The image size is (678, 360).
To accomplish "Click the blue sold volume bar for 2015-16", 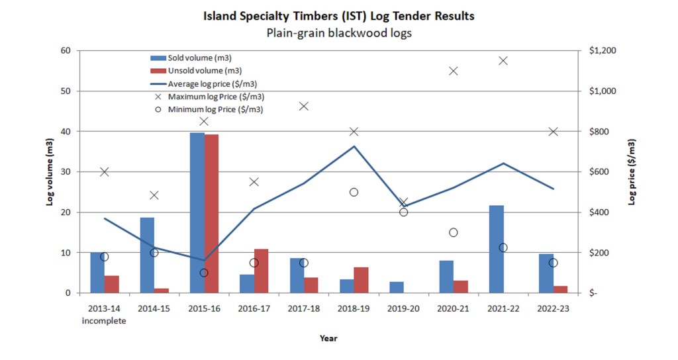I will point(197,212).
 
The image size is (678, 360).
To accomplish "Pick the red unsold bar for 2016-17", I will point(261,271).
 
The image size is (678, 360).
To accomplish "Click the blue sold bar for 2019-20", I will point(396,287).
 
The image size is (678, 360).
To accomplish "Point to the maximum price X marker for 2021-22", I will point(503,61).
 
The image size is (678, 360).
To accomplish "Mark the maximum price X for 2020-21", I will point(454,71).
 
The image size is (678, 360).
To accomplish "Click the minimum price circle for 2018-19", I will point(354,192).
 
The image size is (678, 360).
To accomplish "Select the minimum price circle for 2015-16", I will point(204,273).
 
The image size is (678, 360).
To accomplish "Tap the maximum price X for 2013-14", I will point(104,172).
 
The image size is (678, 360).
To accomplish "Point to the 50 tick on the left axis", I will point(66,91).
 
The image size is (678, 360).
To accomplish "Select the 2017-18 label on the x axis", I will point(304,308).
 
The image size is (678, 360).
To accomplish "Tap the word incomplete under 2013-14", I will point(104,321).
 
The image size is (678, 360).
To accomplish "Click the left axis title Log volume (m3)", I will point(50,171).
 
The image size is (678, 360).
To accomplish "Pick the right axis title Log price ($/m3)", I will point(632,171).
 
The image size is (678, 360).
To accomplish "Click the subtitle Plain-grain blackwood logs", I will point(339,32).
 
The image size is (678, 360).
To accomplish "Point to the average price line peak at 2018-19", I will point(354,146).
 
